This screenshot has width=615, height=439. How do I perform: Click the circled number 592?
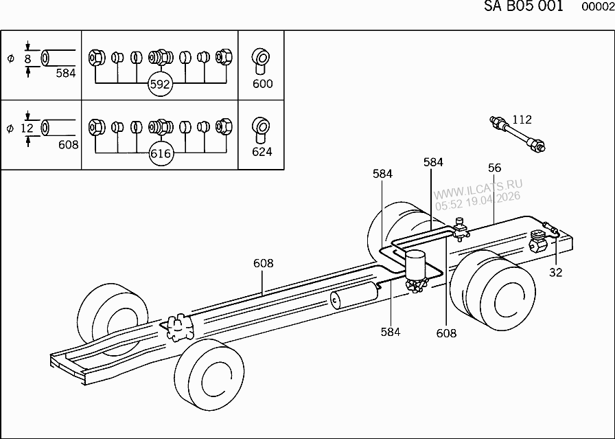click(x=159, y=85)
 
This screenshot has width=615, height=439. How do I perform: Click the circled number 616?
click(x=159, y=154)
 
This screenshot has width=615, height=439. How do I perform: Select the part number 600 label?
click(x=262, y=84)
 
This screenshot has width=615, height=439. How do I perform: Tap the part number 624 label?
click(x=262, y=152)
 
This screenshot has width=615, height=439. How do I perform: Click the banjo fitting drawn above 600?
click(x=261, y=60)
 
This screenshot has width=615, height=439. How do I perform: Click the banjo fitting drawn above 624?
click(x=261, y=128)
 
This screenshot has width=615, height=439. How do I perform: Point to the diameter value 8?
click(x=28, y=59)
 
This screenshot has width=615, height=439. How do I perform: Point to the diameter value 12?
click(x=27, y=128)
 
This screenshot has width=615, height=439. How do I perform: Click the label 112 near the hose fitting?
click(x=522, y=120)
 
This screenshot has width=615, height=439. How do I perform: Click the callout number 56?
click(x=495, y=168)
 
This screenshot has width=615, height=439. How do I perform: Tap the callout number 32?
click(x=555, y=273)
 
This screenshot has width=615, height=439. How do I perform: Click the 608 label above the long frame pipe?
click(x=263, y=263)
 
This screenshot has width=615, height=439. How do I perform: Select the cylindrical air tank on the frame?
click(x=353, y=296)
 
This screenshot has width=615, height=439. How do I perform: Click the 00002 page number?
click(x=597, y=8)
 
